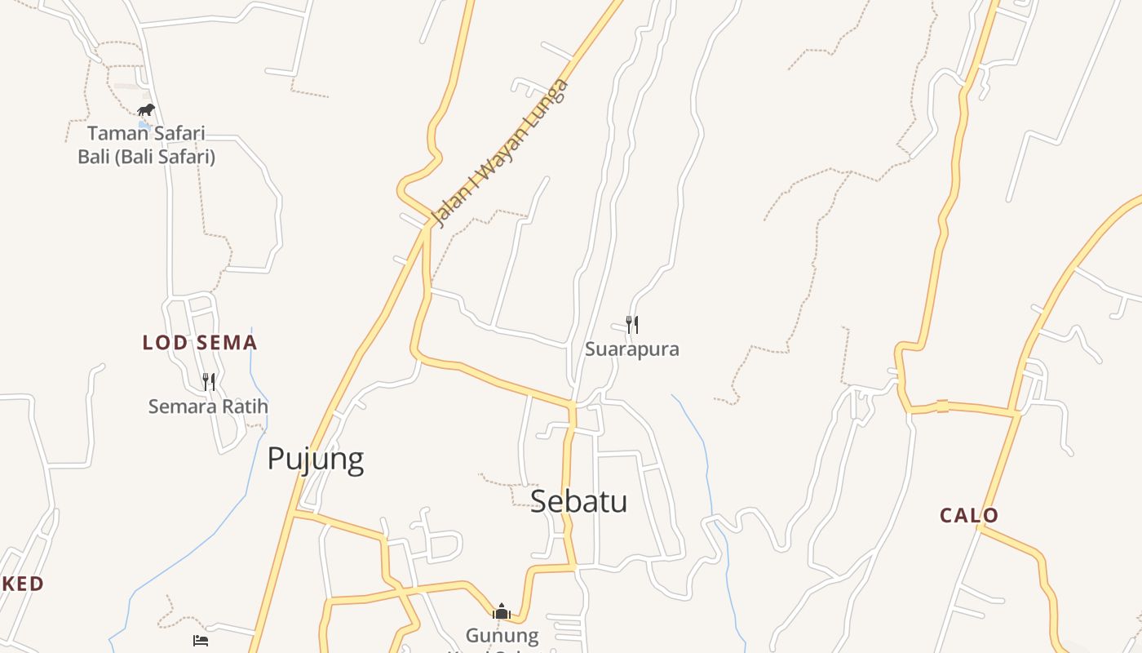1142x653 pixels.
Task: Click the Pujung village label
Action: pyautogui.click(x=316, y=460)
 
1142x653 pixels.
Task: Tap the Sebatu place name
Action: pyautogui.click(x=578, y=500)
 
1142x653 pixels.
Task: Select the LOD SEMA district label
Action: pyautogui.click(x=200, y=343)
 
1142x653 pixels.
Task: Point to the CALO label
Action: pyautogui.click(x=969, y=516)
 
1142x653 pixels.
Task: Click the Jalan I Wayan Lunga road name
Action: pyautogui.click(x=499, y=153)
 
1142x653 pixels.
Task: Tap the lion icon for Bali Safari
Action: pyautogui.click(x=145, y=109)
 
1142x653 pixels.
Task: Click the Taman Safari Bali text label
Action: pyautogui.click(x=146, y=133)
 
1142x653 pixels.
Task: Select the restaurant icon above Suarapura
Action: pyautogui.click(x=631, y=325)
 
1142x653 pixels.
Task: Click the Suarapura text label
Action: pyautogui.click(x=631, y=349)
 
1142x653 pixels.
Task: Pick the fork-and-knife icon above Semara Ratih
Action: pyautogui.click(x=209, y=381)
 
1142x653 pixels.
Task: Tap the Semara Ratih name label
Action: pyautogui.click(x=208, y=406)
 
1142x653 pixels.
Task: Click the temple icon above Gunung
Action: pyautogui.click(x=502, y=611)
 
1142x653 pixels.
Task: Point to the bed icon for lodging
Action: pyautogui.click(x=201, y=641)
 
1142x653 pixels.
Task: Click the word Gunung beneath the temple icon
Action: pyautogui.click(x=502, y=635)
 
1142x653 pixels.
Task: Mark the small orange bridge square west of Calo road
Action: pyautogui.click(x=942, y=406)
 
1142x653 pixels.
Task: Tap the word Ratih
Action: pyautogui.click(x=246, y=406)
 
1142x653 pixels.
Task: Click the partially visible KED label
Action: pyautogui.click(x=23, y=584)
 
